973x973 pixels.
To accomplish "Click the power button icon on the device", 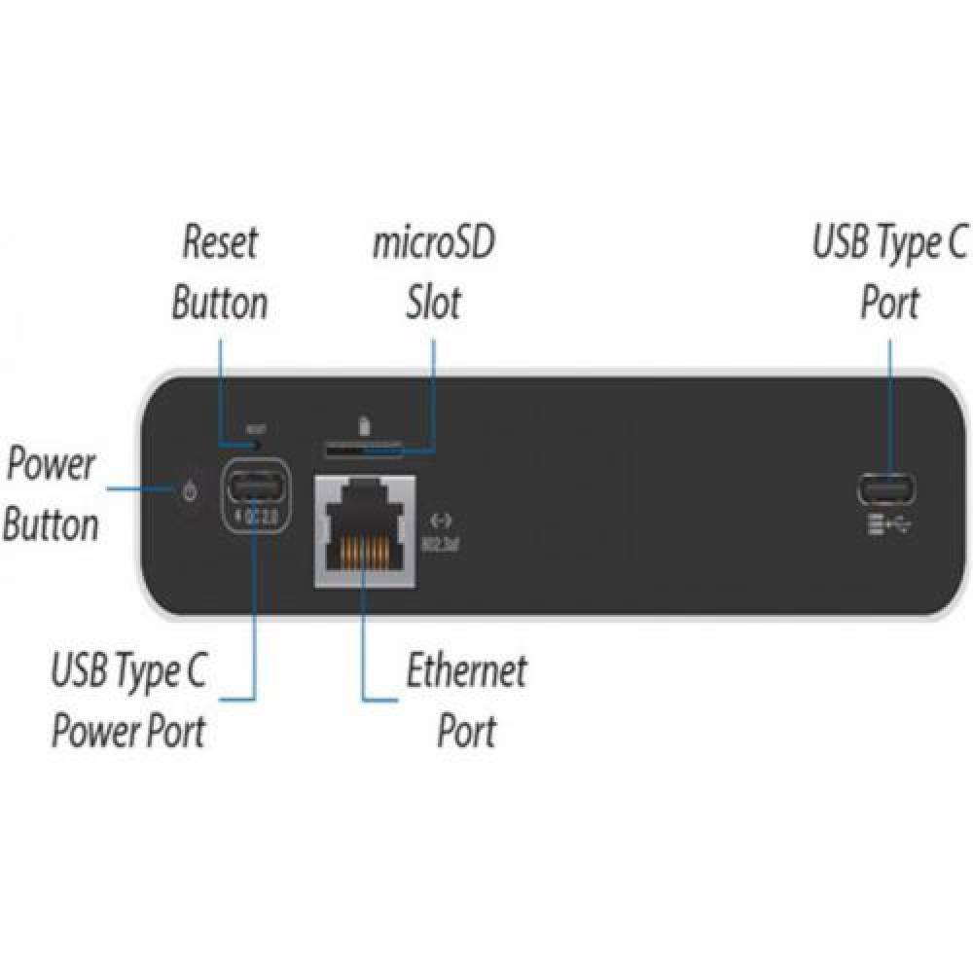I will pos(190,491).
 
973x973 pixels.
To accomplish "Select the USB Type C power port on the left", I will pos(256,484).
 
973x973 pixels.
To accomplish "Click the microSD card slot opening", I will pos(362,450).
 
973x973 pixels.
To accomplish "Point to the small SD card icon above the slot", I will pos(364,426).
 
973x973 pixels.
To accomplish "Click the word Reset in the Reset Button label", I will pos(221,243).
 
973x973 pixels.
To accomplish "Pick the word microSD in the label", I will pos(433,243).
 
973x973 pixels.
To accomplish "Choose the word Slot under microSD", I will pos(433,304).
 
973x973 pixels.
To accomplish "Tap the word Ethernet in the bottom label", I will pos(466,671).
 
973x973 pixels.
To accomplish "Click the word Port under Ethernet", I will pos(467,731).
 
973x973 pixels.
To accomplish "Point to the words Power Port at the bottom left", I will pos(128,731).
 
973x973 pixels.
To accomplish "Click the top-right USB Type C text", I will pos(889,243).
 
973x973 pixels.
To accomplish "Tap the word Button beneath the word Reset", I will pos(219,304).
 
